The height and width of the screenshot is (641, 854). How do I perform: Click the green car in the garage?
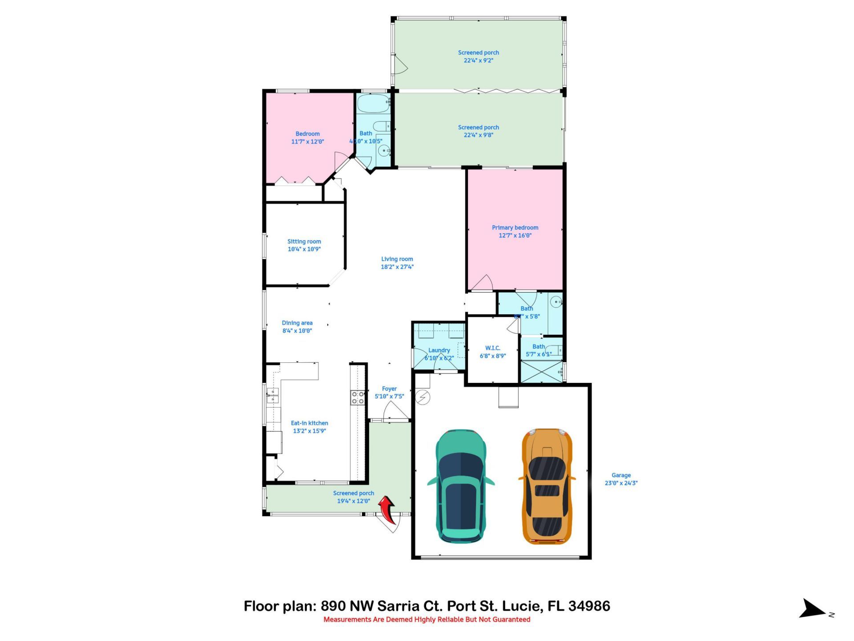tap(461, 486)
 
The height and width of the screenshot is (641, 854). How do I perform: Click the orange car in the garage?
tap(547, 486)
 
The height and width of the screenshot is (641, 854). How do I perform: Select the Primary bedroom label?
tap(515, 227)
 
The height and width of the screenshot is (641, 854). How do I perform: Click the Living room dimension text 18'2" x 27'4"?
tap(397, 267)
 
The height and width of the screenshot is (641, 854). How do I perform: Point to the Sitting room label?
tap(304, 241)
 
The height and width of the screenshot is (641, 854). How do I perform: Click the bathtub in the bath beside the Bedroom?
tap(373, 103)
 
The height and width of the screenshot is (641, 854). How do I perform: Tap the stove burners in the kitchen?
tap(357, 398)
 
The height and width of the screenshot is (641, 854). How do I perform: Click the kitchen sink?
tap(272, 395)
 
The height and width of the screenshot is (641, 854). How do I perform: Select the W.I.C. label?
tap(492, 348)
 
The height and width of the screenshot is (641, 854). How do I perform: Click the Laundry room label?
tap(439, 350)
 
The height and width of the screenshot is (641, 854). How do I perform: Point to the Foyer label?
tap(389, 389)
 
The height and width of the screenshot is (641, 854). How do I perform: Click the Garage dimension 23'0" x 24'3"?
tap(621, 483)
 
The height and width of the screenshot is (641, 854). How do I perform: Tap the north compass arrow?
tap(814, 609)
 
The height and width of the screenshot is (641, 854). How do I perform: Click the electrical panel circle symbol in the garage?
tap(422, 397)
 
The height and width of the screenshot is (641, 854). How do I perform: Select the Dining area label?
tap(297, 323)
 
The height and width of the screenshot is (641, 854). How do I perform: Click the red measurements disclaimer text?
tap(427, 620)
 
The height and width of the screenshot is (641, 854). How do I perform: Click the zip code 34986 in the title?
tap(589, 606)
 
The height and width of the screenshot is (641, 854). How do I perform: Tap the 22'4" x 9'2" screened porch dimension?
tap(478, 61)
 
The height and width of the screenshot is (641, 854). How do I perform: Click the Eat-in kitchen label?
tap(309, 423)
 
